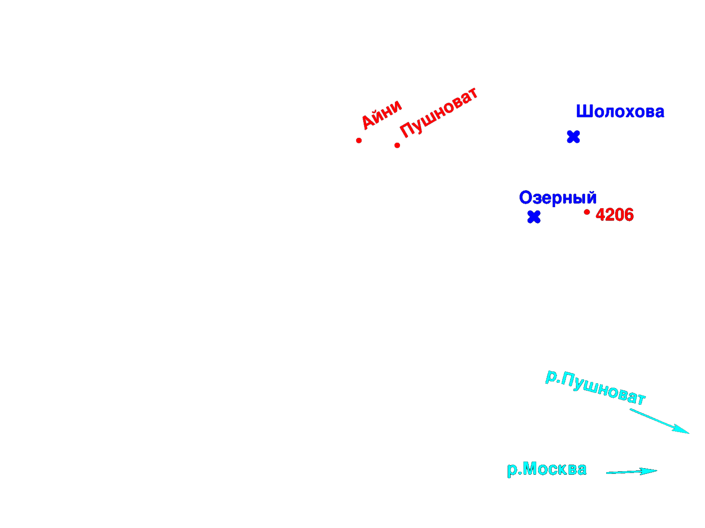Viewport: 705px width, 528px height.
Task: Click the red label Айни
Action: pyautogui.click(x=381, y=114)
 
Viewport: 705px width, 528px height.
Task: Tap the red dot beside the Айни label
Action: pyautogui.click(x=359, y=140)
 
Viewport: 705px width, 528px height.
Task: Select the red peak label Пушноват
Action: pyautogui.click(x=438, y=113)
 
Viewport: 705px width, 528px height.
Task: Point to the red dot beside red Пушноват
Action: pyautogui.click(x=397, y=146)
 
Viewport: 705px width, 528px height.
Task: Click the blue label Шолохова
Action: pyautogui.click(x=620, y=111)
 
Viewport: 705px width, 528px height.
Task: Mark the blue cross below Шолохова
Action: pyautogui.click(x=573, y=137)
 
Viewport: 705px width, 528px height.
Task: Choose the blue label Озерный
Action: pyautogui.click(x=557, y=198)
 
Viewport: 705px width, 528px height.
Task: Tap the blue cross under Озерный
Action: pyautogui.click(x=534, y=217)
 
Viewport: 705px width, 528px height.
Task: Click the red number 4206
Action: pyautogui.click(x=614, y=215)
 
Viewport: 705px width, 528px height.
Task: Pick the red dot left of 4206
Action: pyautogui.click(x=587, y=212)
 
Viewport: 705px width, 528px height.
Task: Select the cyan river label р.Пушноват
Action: pyautogui.click(x=595, y=387)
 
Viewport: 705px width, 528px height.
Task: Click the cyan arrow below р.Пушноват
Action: pyautogui.click(x=659, y=421)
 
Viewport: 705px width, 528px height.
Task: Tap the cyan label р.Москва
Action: pyautogui.click(x=547, y=469)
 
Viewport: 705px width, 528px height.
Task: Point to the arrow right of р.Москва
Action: pyautogui.click(x=631, y=472)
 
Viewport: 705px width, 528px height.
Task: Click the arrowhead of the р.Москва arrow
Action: pyautogui.click(x=649, y=471)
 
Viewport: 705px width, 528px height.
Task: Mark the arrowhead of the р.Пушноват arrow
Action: pyautogui.click(x=682, y=429)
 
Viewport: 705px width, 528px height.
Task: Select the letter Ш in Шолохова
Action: pyautogui.click(x=583, y=111)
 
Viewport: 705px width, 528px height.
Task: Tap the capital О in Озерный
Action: pyautogui.click(x=526, y=197)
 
